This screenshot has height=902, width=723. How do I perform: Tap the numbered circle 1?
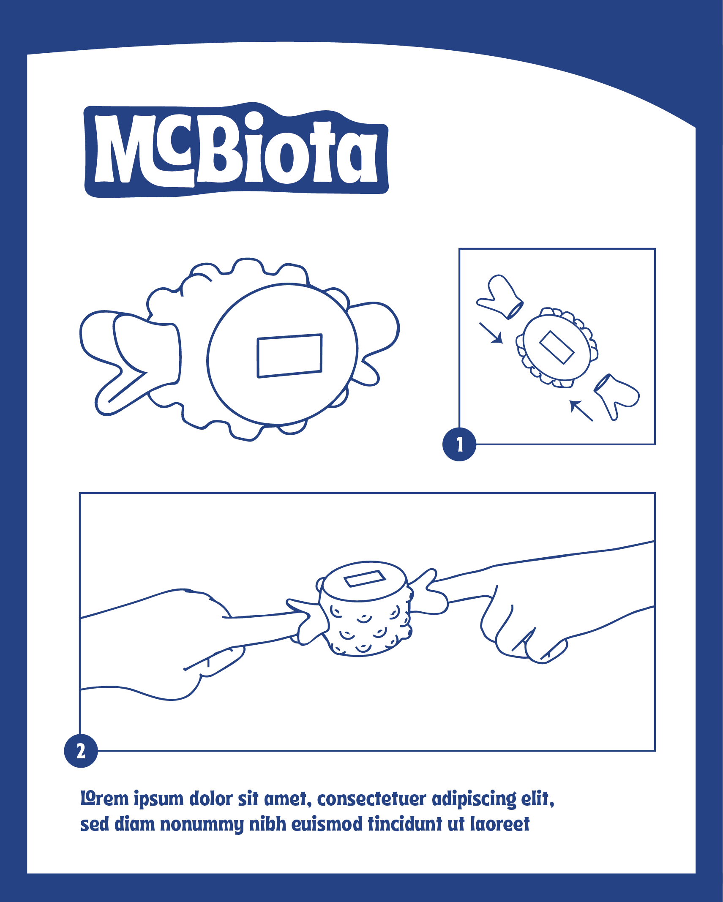(459, 444)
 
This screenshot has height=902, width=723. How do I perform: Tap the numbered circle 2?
(81, 751)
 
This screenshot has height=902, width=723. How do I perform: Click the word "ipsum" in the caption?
(158, 799)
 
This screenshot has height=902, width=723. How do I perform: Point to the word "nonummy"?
(202, 824)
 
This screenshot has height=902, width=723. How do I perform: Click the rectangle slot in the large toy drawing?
(290, 356)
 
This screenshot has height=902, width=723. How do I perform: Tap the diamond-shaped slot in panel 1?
(557, 347)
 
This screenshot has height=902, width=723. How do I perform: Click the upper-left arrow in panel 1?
(491, 333)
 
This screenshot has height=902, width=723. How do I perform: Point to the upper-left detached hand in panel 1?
(500, 297)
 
